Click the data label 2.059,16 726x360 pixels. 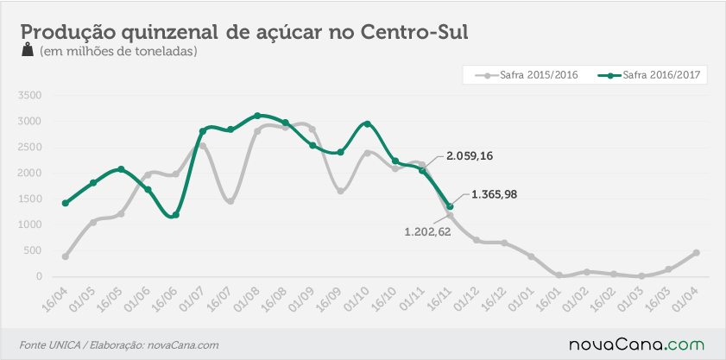point(470,156)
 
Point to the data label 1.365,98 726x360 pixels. point(494,195)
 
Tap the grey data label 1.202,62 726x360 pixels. point(427,231)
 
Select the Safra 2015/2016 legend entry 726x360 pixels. point(527,75)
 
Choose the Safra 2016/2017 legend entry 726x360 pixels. point(651,75)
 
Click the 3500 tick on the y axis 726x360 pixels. point(29,96)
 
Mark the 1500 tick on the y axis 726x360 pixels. point(29,199)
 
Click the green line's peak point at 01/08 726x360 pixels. point(257,116)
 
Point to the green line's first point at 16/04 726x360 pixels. point(66,203)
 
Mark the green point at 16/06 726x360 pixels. point(175,215)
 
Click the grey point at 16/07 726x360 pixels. point(230,201)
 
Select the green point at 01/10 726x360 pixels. point(368,123)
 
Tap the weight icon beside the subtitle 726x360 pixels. point(28,49)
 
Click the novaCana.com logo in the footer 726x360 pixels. point(636,344)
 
